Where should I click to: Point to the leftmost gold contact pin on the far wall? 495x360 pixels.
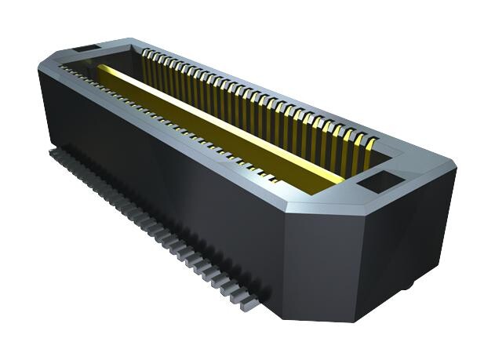click(x=147, y=55)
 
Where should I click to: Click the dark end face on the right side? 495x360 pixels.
click(x=408, y=235)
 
